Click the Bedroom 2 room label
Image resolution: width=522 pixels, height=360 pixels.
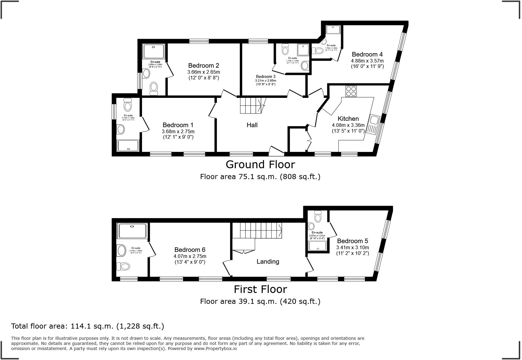[x=204, y=66]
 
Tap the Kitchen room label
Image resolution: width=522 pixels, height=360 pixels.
[x=348, y=119]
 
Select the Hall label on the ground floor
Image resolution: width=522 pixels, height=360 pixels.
[x=252, y=125]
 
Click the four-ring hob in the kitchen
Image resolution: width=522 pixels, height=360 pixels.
[x=351, y=91]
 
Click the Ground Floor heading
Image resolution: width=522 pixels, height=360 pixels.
[x=260, y=165]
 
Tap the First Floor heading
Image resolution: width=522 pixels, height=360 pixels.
[x=260, y=289]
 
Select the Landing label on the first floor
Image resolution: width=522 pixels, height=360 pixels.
[x=268, y=262]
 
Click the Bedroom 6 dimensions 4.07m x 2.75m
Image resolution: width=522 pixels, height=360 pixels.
[x=190, y=256]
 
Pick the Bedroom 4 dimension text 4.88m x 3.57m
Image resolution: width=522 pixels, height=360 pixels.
[x=367, y=61]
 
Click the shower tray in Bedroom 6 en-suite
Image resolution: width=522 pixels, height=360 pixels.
[x=132, y=231]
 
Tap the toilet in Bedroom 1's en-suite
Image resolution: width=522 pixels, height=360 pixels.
[x=128, y=106]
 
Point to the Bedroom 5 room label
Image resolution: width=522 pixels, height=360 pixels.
[x=353, y=241]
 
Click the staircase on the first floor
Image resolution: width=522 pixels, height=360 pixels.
[x=257, y=231]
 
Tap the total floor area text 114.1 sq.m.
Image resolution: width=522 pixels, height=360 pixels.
[x=88, y=326]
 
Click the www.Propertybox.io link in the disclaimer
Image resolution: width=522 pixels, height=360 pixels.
[x=215, y=349]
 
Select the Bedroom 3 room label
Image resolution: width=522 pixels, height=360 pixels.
[x=266, y=77]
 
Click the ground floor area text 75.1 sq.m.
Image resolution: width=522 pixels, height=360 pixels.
[x=260, y=177]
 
